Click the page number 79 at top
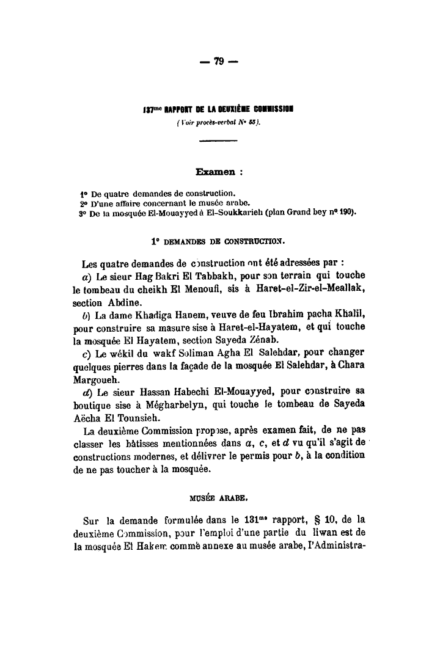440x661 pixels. click(x=219, y=61)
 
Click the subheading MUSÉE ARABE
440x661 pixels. click(x=220, y=497)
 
